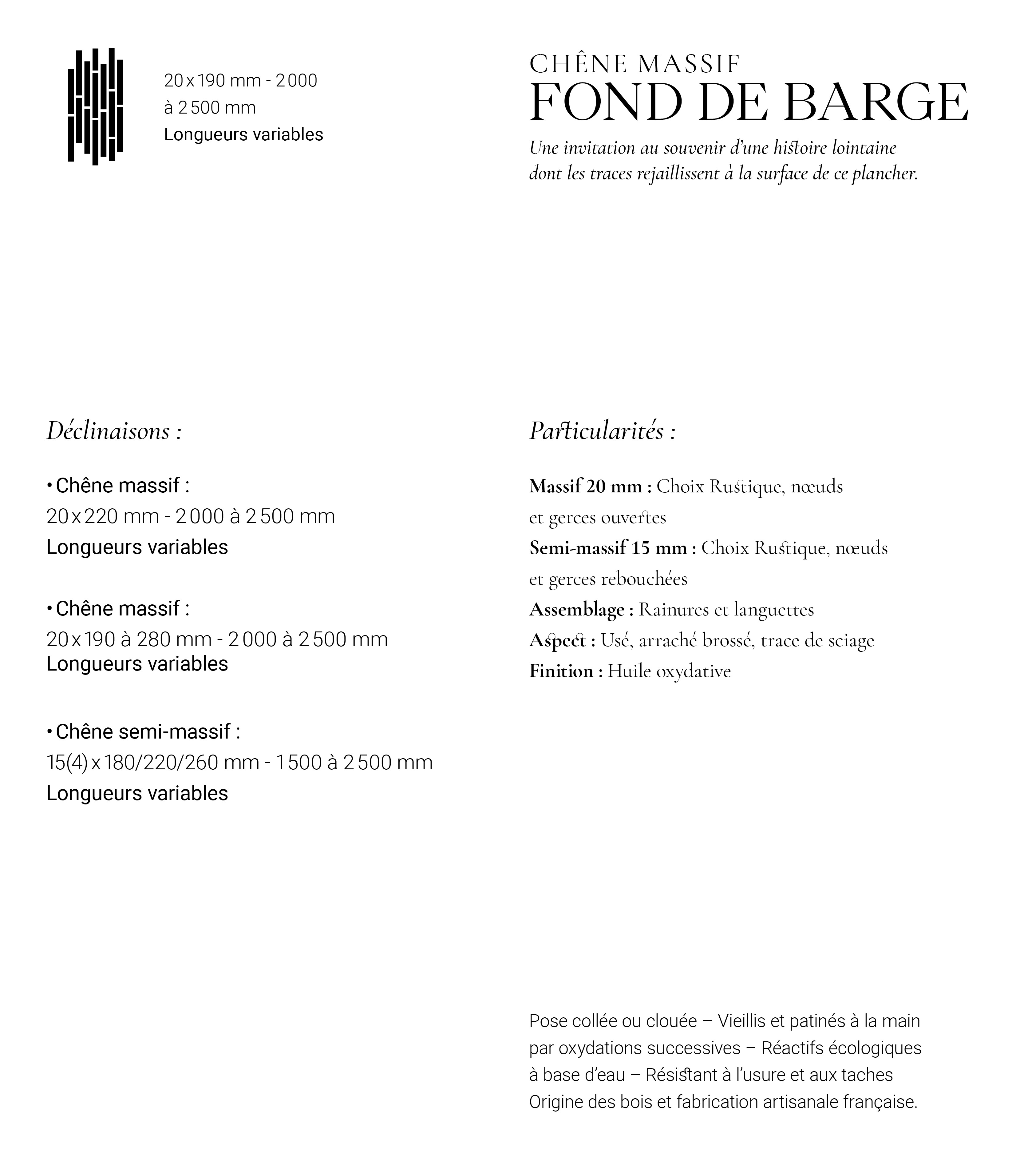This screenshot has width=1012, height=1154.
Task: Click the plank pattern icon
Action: pos(95,107)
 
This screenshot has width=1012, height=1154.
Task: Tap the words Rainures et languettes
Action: pos(726,610)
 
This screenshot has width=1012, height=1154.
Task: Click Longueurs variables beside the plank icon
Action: pos(243,135)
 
